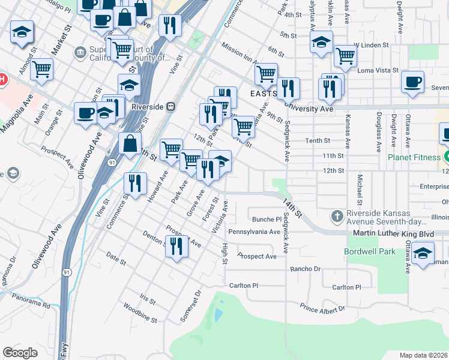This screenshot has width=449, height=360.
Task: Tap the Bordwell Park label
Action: (370, 251)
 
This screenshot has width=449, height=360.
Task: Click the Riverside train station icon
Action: (171, 106)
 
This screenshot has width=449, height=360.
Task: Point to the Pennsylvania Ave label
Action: (254, 232)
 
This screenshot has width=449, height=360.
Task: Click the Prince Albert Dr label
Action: (323, 308)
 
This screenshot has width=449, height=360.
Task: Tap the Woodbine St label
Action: (139, 317)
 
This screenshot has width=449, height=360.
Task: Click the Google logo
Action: (20, 352)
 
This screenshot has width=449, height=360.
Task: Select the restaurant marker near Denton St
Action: (176, 247)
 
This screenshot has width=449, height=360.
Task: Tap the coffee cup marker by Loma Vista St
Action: (412, 83)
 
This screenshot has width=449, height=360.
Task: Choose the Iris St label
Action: (147, 298)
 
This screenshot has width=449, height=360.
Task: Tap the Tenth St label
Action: (318, 141)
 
